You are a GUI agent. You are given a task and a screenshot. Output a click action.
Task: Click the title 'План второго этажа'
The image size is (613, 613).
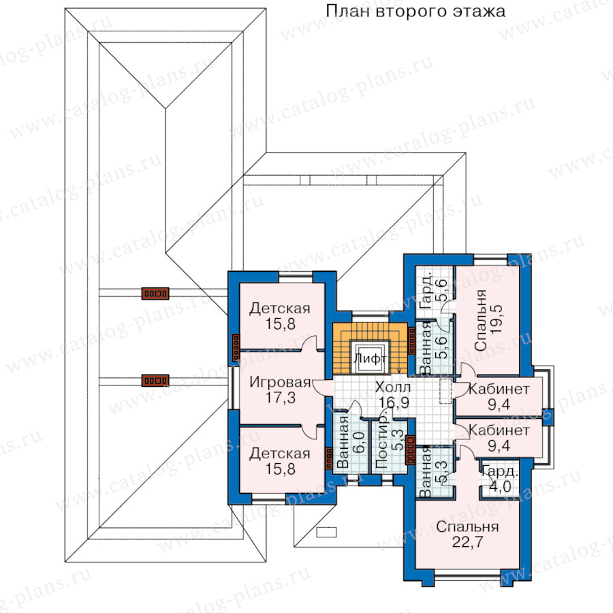(x=415, y=12)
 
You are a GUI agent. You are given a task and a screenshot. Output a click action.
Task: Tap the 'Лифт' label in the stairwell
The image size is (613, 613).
(x=370, y=359)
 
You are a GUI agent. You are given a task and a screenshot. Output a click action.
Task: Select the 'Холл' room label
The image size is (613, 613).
(x=392, y=387)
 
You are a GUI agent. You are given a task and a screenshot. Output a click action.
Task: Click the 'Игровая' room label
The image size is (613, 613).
(x=280, y=382)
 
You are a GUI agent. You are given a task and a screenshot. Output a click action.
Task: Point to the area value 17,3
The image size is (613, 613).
(x=280, y=398)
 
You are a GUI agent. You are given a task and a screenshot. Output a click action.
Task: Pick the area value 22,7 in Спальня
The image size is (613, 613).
(x=467, y=542)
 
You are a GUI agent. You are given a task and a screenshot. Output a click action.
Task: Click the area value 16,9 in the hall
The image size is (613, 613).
(x=392, y=402)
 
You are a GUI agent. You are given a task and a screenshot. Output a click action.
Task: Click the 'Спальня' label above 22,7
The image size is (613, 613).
(x=467, y=526)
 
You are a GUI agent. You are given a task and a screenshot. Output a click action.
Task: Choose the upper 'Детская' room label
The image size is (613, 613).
(x=279, y=309)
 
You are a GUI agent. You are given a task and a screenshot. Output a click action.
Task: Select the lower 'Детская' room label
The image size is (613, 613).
(x=279, y=454)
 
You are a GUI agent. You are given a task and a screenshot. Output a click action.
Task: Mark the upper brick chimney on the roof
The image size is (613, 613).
(x=155, y=294)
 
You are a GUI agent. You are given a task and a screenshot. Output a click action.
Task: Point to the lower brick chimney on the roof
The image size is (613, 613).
(x=155, y=380)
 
